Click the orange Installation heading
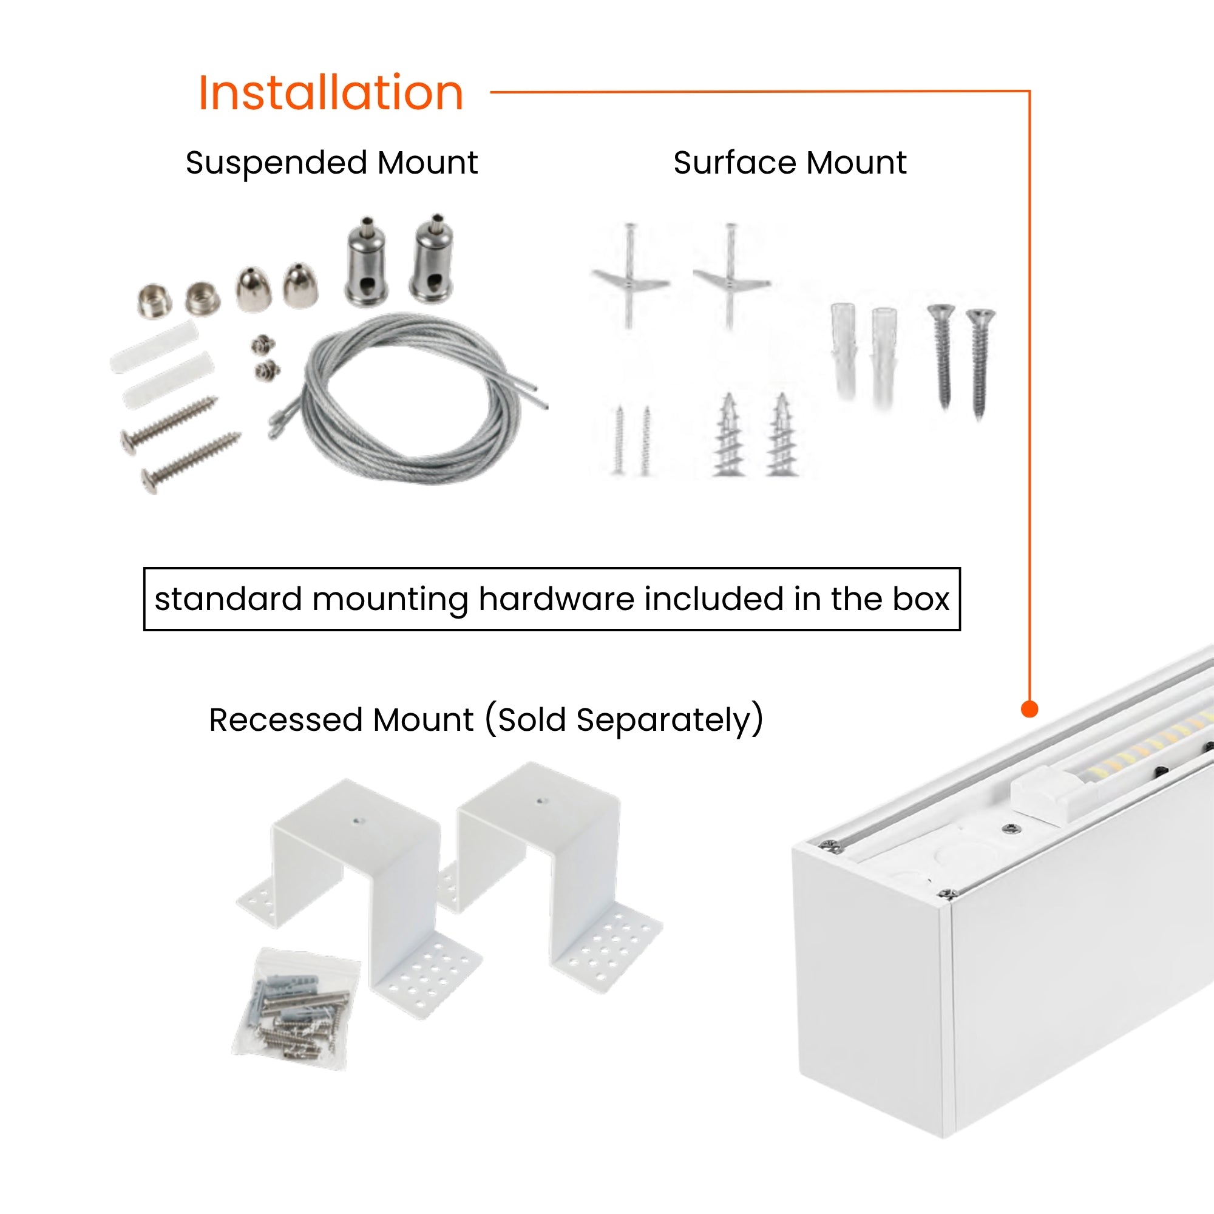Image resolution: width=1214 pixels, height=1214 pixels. click(331, 93)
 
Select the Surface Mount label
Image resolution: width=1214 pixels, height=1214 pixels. click(789, 163)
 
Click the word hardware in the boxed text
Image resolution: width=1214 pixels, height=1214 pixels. click(555, 599)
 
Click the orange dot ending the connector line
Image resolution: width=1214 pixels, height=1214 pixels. click(1029, 709)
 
